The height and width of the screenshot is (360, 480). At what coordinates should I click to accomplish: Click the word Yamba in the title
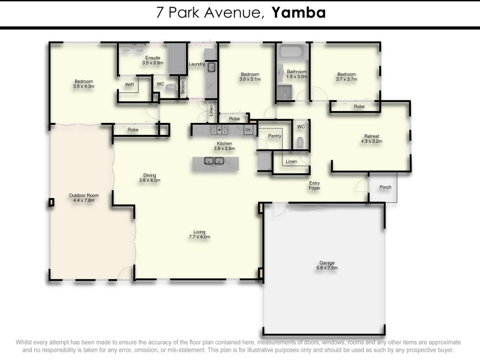(299, 13)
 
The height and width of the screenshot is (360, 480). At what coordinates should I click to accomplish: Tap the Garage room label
(327, 265)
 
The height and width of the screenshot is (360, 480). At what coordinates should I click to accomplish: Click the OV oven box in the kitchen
(248, 129)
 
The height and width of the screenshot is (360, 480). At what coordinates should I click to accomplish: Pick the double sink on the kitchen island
(215, 161)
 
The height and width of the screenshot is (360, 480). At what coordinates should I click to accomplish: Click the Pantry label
(275, 136)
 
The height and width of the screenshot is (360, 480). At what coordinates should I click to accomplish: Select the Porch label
(385, 187)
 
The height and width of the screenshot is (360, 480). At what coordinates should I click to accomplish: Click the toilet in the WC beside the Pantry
(300, 142)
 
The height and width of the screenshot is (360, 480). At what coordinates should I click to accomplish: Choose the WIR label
(130, 85)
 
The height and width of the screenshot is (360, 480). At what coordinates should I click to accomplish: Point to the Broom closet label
(183, 87)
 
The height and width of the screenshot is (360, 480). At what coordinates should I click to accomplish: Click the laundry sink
(211, 67)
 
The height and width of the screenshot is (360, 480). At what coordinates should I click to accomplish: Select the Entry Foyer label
(314, 186)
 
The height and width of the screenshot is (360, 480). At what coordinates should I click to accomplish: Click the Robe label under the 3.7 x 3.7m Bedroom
(359, 106)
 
